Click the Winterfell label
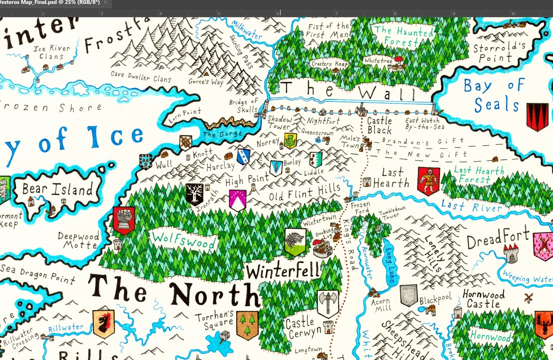click(283, 271)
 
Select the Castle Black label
click(379, 126)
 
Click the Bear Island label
click(57, 189)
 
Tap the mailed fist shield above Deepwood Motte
click(124, 221)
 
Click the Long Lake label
click(390, 265)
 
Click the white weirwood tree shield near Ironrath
click(194, 194)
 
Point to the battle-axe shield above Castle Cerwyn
click(328, 304)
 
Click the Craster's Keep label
click(329, 63)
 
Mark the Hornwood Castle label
click(483, 299)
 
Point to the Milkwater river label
click(247, 29)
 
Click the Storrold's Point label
click(499, 52)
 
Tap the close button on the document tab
click(106, 2)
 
